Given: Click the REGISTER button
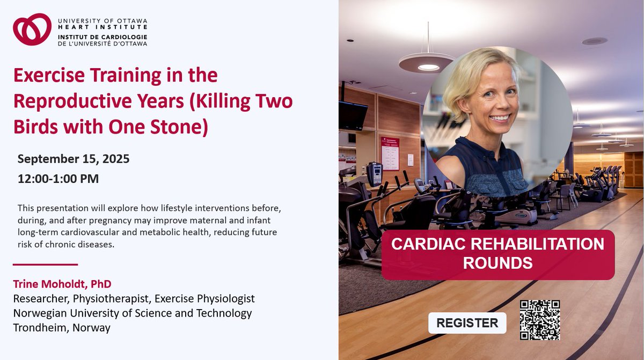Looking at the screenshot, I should tap(467, 323).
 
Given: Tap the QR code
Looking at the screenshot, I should tap(540, 320).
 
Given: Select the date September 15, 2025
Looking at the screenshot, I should tap(74, 159).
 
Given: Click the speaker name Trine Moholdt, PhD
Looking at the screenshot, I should tap(62, 284).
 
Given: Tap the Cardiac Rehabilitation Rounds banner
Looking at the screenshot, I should tap(497, 254).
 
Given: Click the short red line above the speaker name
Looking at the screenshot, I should tap(45, 265).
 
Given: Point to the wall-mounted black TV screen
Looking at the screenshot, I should tap(352, 115).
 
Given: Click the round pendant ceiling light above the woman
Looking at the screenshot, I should tap(427, 63).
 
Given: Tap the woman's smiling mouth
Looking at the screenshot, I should tap(501, 117).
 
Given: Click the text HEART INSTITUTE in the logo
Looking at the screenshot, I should tap(103, 27).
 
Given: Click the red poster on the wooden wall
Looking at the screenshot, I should tap(390, 153).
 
